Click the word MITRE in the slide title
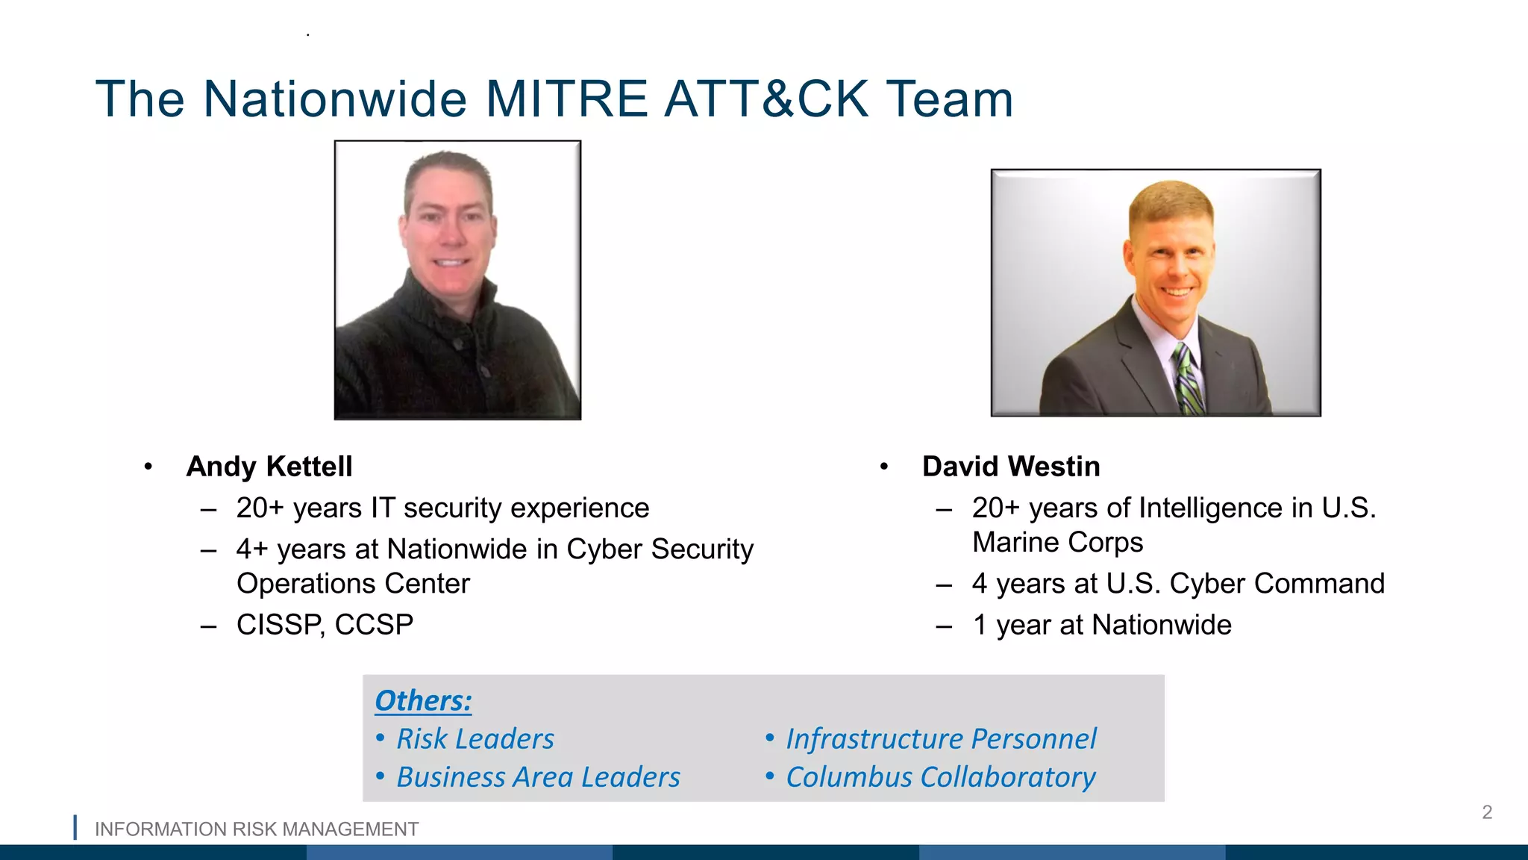click(567, 99)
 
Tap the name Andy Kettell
click(269, 467)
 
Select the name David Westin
click(1011, 467)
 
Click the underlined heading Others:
click(423, 701)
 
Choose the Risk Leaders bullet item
click(475, 739)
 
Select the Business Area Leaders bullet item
click(538, 777)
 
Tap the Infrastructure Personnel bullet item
click(941, 739)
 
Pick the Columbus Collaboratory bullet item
click(940, 777)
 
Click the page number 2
click(1487, 812)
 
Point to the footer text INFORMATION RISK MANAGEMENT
click(257, 829)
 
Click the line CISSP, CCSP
click(325, 625)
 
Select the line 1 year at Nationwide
click(1102, 625)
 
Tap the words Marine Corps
click(1057, 543)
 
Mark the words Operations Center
click(353, 584)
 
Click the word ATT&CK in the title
click(767, 99)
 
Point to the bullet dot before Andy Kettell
click(148, 467)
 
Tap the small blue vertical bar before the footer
click(75, 828)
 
